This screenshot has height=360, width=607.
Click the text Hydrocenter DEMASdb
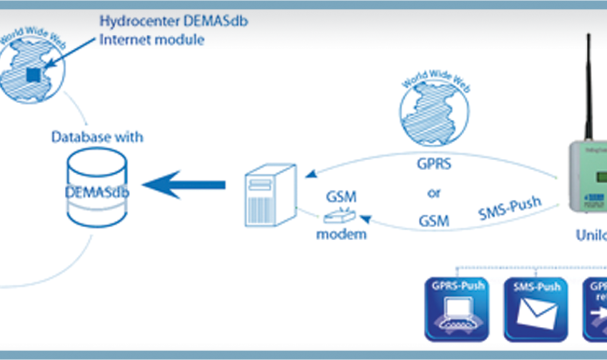click(173, 22)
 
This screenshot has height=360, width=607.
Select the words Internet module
click(151, 39)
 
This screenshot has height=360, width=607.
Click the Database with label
click(97, 137)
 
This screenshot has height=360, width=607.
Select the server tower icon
click(270, 195)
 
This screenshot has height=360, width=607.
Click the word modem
click(341, 234)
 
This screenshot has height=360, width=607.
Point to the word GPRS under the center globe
click(434, 165)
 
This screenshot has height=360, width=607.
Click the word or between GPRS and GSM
click(434, 193)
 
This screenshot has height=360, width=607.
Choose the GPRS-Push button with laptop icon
click(457, 309)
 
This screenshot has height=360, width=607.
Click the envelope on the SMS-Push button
click(536, 314)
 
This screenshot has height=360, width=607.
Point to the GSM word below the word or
click(434, 221)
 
